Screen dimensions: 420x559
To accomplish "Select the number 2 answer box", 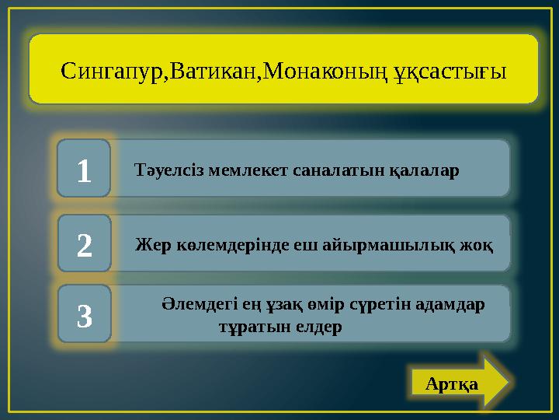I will click(85, 244).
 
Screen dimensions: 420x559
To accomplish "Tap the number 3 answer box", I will click(85, 315).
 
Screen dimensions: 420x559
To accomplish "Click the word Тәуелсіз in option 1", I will click(165, 169).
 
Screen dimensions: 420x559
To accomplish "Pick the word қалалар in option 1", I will click(426, 169).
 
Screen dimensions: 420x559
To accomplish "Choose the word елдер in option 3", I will click(318, 326).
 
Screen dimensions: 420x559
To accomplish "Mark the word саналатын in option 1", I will click(331, 169).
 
